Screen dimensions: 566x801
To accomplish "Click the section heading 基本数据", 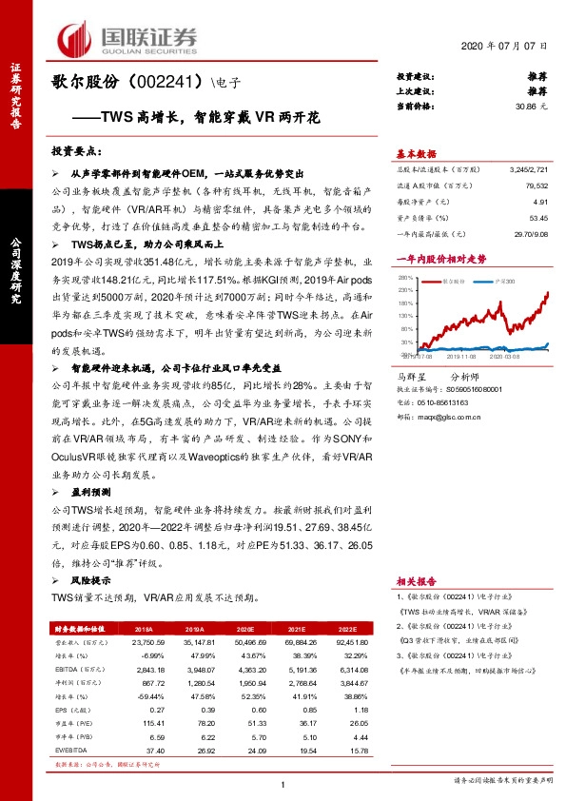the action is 416,152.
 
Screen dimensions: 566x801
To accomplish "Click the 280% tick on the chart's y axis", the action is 405,278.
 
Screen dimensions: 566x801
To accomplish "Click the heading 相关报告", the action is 416,578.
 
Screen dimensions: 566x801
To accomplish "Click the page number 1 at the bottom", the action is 283,783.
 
